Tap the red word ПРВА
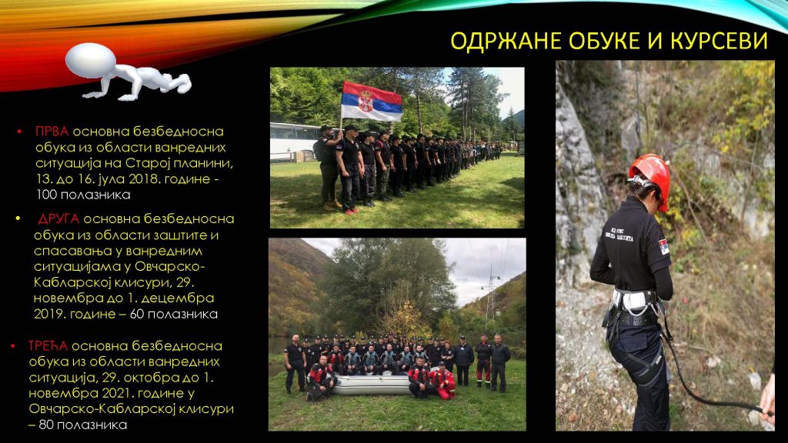point(52,132)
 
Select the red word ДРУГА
point(58,219)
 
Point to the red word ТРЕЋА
point(48,346)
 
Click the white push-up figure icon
point(128,72)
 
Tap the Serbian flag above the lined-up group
point(372,102)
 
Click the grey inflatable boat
point(372,385)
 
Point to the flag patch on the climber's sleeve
point(663,247)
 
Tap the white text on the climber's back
point(619,233)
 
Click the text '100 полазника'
point(83,195)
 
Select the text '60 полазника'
point(174,315)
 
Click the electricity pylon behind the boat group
point(491,296)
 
